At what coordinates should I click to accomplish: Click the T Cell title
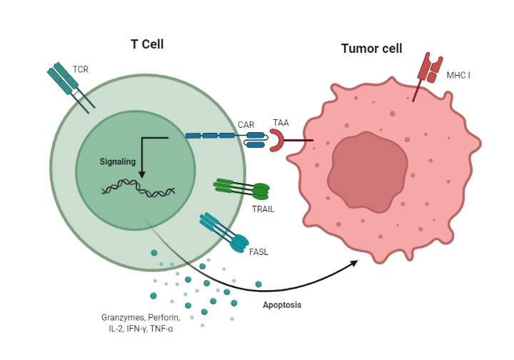coord(147,44)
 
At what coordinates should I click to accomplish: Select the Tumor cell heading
coord(371,49)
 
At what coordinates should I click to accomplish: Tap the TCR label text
coord(80,70)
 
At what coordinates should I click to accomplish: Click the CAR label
coord(246,125)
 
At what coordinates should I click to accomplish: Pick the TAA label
coord(281,123)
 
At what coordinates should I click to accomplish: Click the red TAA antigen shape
coord(277,141)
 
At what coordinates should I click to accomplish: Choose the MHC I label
coord(458,74)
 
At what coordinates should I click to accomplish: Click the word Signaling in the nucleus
coord(117,161)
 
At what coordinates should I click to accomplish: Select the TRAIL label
coord(263,209)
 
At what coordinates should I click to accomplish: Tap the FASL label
coord(258,251)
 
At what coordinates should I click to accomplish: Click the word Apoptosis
coord(283,305)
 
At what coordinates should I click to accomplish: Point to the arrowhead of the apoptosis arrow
coord(354,263)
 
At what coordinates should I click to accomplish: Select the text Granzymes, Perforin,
coord(141,316)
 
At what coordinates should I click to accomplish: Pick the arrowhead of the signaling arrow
coord(141,176)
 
